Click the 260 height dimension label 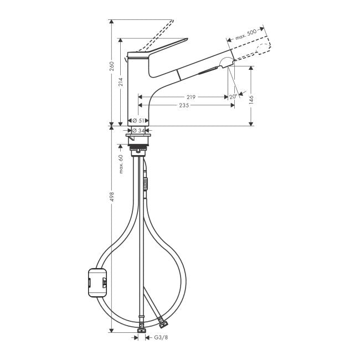point(112,66)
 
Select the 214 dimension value point(121,82)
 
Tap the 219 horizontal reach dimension point(191,97)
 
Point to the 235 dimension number point(184,105)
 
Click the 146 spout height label point(251,100)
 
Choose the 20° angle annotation point(233,97)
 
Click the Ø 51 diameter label point(138,121)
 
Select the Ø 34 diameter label point(138,131)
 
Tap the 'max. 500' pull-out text point(246,34)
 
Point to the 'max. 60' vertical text point(121,164)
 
